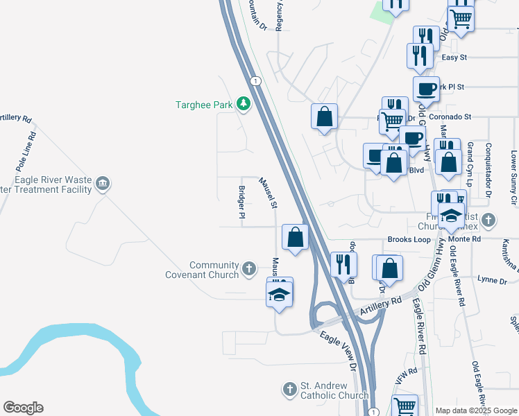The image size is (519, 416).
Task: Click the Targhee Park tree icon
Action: (243, 104)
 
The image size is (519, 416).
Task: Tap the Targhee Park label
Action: (203, 105)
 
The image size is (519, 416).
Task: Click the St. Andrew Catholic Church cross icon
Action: (291, 390)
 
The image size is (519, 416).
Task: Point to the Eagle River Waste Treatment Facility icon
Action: (103, 184)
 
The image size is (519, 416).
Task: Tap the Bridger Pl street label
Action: (242, 202)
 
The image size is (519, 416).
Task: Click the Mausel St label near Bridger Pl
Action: (269, 193)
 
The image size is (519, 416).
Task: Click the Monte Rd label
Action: (466, 239)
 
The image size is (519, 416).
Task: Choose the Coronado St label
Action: (450, 116)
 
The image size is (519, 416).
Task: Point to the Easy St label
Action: (454, 58)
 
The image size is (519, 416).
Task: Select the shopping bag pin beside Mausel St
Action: (296, 237)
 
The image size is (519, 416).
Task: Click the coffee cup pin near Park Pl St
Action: (426, 89)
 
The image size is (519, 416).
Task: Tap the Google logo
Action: (23, 408)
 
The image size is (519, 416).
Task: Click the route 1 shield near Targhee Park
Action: (256, 81)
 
